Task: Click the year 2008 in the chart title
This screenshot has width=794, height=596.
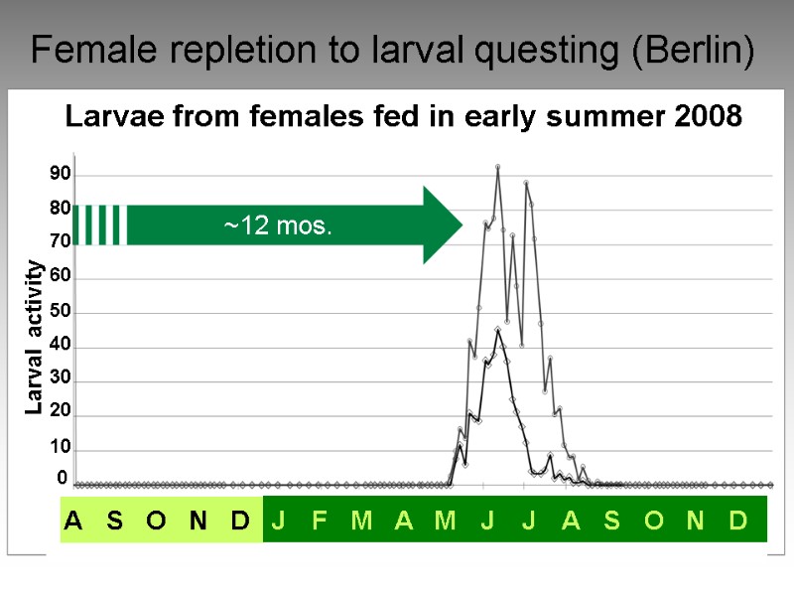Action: tap(707, 117)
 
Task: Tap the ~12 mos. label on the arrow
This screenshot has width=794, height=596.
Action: tap(277, 226)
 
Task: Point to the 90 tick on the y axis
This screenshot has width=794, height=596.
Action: tap(61, 175)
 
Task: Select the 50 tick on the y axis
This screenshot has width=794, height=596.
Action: tap(61, 312)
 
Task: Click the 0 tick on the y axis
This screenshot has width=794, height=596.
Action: tap(63, 479)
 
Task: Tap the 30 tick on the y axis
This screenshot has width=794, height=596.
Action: tap(61, 380)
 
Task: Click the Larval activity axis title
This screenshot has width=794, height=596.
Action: tap(36, 337)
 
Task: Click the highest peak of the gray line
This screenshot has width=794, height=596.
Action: tap(497, 167)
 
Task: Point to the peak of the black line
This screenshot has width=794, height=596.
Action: tap(497, 329)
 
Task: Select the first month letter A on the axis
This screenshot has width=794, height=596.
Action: tap(73, 521)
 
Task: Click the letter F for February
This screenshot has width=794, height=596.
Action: tap(320, 521)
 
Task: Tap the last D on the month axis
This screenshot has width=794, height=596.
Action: tap(737, 521)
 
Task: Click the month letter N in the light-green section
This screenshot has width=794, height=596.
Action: tap(198, 521)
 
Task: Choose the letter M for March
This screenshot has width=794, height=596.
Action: tap(361, 521)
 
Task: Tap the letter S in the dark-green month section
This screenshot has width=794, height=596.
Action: tap(611, 521)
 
